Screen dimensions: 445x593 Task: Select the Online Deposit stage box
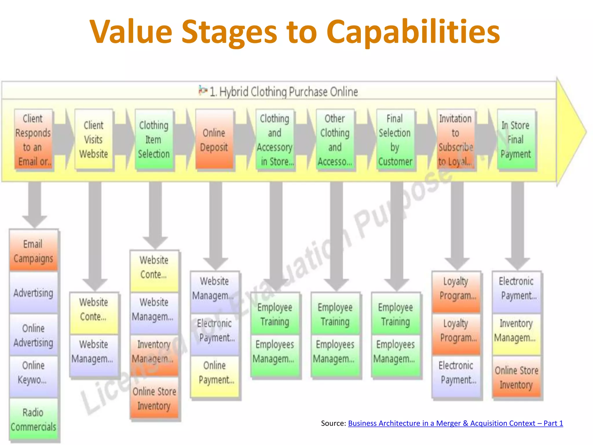[x=214, y=140]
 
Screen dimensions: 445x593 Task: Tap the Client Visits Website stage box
[x=94, y=140]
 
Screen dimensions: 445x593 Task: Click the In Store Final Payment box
[x=516, y=140]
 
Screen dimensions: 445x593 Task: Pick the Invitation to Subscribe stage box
[x=455, y=140]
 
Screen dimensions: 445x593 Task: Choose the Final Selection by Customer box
[x=395, y=140]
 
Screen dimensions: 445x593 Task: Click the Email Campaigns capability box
[x=33, y=251]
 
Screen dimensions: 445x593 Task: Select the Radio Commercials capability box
[x=33, y=419]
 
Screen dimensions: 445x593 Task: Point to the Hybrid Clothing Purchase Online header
[x=284, y=92]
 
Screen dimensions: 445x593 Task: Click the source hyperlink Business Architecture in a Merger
[x=455, y=423]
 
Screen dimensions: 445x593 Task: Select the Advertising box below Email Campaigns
[x=33, y=293]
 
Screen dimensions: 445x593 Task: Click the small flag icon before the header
[x=203, y=90]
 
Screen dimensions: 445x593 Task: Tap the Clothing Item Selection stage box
[x=154, y=140]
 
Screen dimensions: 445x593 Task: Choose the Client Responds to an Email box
[x=33, y=140]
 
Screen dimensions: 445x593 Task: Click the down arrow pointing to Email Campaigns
[x=35, y=206]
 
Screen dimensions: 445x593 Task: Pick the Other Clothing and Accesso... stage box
[x=335, y=140]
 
